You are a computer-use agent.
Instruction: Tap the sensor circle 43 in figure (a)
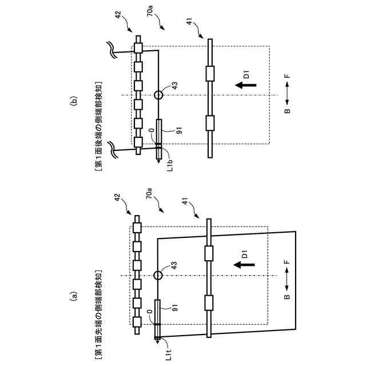(x=158, y=275)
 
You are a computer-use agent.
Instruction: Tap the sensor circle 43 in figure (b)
(x=158, y=94)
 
